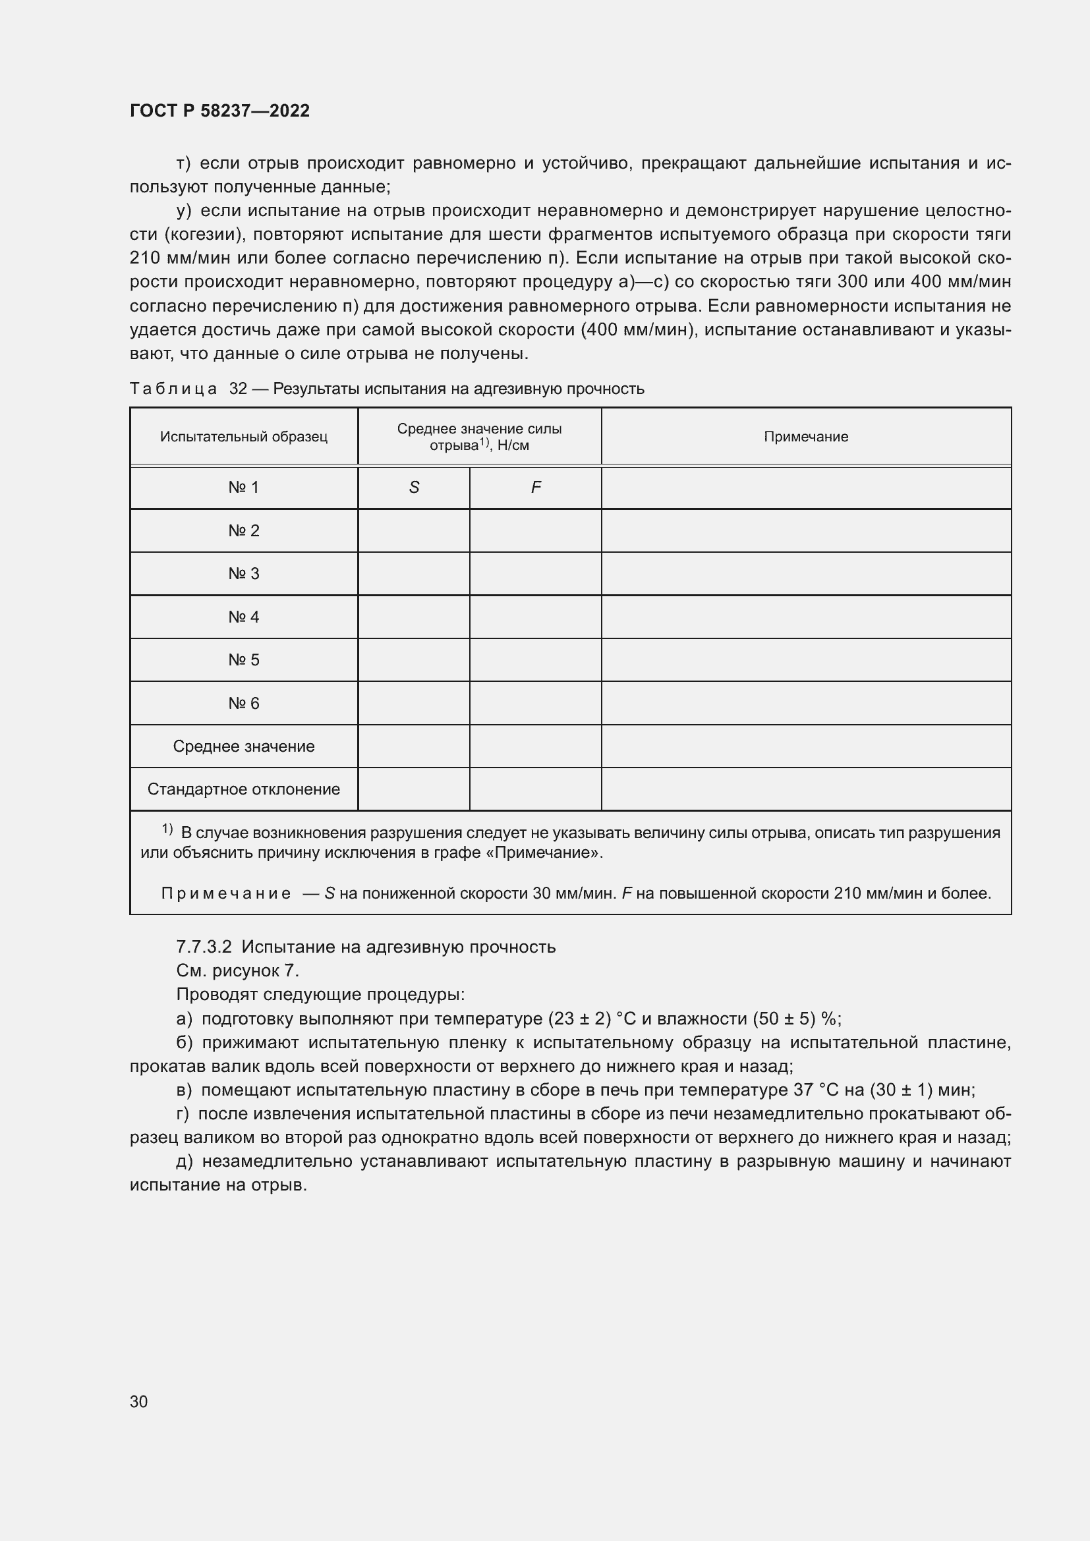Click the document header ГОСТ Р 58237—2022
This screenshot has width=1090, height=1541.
(219, 111)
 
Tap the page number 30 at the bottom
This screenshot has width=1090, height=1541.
(138, 1402)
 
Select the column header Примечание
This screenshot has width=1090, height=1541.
(805, 437)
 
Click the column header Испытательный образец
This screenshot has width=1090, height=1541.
(244, 437)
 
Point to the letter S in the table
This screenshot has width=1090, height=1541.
(413, 488)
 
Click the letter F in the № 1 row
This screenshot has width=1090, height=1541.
(536, 488)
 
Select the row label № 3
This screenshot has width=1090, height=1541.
(244, 574)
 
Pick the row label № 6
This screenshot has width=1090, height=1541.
(244, 704)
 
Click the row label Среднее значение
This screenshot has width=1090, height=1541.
(244, 746)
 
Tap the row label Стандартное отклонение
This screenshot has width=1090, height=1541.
(244, 789)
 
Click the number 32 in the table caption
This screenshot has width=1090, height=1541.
(239, 389)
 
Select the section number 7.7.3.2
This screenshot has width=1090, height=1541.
(204, 947)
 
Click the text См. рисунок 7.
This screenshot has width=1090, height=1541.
(238, 970)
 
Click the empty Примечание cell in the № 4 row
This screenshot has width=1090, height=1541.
(805, 617)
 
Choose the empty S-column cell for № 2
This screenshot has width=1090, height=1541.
(413, 531)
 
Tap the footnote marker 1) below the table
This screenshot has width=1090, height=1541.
(167, 829)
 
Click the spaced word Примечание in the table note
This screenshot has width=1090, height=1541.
(226, 894)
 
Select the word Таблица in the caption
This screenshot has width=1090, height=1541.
(173, 389)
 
